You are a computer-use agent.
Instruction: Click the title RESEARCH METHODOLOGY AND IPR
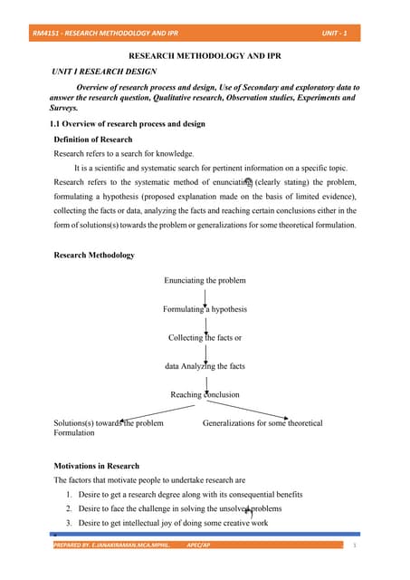coord(204,56)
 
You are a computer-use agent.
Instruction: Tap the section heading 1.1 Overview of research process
coord(127,123)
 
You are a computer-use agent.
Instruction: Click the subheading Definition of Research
coord(93,140)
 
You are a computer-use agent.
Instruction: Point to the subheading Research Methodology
coord(95,255)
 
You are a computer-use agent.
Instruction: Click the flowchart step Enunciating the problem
coord(205,280)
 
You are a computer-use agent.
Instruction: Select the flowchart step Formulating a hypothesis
coord(205,309)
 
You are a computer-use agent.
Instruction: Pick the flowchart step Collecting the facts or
coord(205,337)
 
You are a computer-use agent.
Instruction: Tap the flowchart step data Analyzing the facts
coord(205,366)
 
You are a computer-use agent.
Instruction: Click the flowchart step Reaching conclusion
coord(205,394)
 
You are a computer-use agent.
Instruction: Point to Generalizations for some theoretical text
coord(262,422)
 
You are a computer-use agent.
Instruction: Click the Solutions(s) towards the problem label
coord(109,422)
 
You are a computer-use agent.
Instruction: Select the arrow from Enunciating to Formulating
coord(205,295)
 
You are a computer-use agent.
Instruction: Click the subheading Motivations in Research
coord(97,466)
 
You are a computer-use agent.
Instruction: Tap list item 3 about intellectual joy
coord(172,523)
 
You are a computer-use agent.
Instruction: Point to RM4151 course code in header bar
coord(44,34)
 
